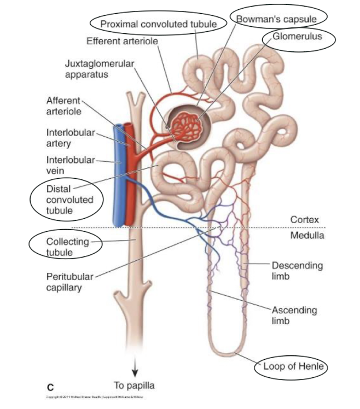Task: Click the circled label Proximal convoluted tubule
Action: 159,24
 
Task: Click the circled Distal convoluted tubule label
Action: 61,199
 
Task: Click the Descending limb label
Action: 297,271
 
